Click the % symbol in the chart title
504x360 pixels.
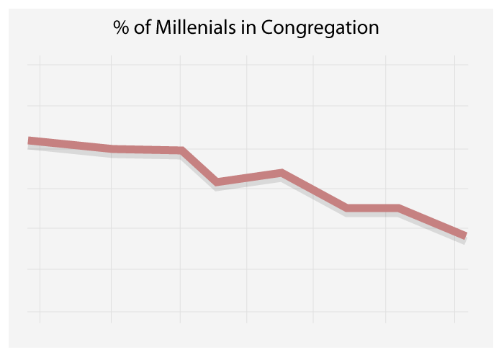pyautogui.click(x=120, y=28)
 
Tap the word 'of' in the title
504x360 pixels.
pyautogui.click(x=143, y=28)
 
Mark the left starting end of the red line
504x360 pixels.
pyautogui.click(x=29, y=140)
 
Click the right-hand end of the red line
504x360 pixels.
pyautogui.click(x=466, y=235)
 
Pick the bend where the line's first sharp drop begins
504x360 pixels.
pyautogui.click(x=182, y=150)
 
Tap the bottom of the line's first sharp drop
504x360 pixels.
pyautogui.click(x=217, y=182)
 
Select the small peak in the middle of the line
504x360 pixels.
pyautogui.click(x=282, y=173)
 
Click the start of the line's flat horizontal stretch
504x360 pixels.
pyautogui.click(x=348, y=208)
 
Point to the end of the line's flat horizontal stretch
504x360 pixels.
pyautogui.click(x=397, y=208)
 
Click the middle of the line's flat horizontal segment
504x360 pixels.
pyautogui.click(x=373, y=208)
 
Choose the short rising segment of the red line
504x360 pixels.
pyautogui.click(x=249, y=178)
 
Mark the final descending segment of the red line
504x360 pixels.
pyautogui.click(x=432, y=222)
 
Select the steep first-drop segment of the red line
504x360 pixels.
pyautogui.click(x=199, y=166)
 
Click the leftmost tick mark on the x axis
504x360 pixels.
pyautogui.click(x=40, y=316)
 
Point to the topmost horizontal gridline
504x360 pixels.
pyautogui.click(x=248, y=65)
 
